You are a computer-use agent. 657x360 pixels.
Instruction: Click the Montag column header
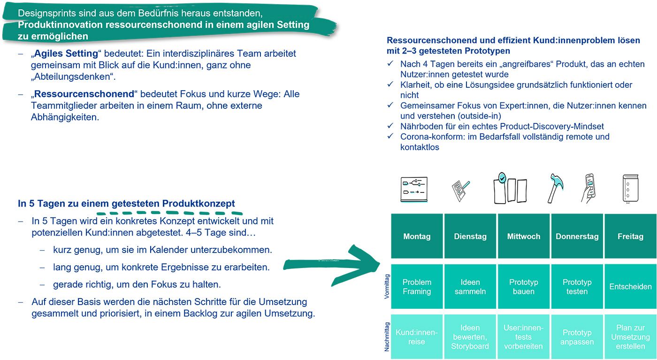(x=417, y=236)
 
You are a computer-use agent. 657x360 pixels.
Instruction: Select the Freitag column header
(x=630, y=236)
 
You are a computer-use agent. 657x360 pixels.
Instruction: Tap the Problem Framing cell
(x=417, y=287)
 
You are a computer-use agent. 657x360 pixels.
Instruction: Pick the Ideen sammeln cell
(x=470, y=287)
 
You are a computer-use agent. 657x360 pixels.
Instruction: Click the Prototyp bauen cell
(x=523, y=287)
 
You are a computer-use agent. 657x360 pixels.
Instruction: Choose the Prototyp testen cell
(x=577, y=287)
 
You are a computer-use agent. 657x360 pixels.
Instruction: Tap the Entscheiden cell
(x=630, y=287)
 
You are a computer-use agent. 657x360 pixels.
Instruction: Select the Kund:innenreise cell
(x=417, y=337)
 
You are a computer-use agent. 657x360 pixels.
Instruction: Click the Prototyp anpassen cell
(x=577, y=337)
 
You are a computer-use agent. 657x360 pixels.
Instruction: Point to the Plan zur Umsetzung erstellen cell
(x=630, y=337)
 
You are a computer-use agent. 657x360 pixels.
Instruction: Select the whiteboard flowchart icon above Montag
(x=414, y=189)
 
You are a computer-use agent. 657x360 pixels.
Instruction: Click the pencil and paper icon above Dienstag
(x=460, y=190)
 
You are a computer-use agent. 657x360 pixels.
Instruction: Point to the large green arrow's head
(x=371, y=263)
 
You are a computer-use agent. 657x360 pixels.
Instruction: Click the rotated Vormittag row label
(x=387, y=287)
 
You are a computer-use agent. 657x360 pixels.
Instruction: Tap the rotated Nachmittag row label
(x=387, y=337)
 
